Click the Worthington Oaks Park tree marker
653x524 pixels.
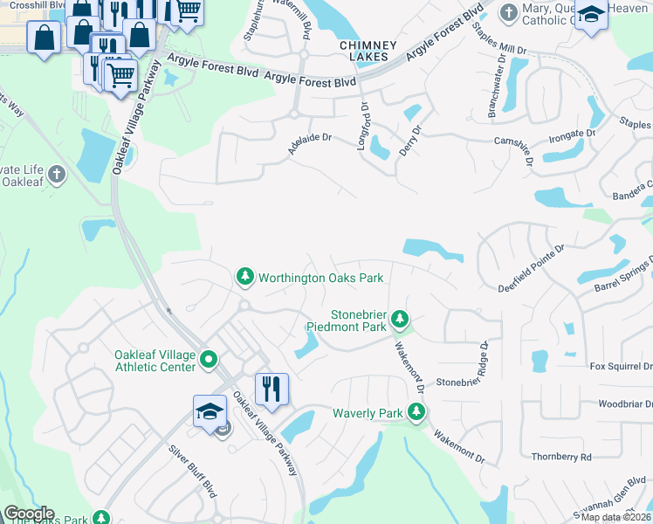point(245,278)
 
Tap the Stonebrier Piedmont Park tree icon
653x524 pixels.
point(400,318)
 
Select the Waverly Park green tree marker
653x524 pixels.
point(417,412)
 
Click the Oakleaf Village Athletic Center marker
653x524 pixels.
point(209,359)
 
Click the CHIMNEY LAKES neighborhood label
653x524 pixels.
point(368,51)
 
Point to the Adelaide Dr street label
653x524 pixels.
point(310,144)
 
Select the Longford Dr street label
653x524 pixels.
point(362,128)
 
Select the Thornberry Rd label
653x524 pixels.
point(560,457)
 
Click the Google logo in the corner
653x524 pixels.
point(28,514)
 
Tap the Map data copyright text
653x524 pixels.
point(615,517)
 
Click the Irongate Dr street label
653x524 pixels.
point(572,135)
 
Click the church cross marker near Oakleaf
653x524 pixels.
point(57,173)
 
